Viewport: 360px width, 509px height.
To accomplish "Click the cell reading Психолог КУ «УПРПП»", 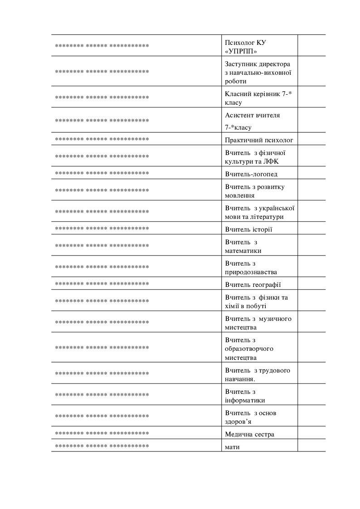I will [x=259, y=46].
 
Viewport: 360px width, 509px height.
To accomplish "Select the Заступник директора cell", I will [x=259, y=73].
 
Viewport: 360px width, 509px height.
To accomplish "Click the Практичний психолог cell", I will [x=259, y=140].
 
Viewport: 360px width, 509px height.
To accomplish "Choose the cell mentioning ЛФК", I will [x=259, y=157].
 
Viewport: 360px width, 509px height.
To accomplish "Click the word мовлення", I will [x=240, y=196].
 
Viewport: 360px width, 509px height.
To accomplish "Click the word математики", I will [x=243, y=251].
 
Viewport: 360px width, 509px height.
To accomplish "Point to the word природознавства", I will [x=251, y=272].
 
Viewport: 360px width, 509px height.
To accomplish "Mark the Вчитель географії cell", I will [x=253, y=285].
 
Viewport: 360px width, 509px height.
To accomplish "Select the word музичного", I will [x=276, y=319].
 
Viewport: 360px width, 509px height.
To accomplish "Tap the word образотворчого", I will [x=249, y=349].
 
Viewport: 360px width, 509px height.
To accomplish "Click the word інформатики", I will [x=245, y=401].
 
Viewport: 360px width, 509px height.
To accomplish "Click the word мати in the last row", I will [x=232, y=447].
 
